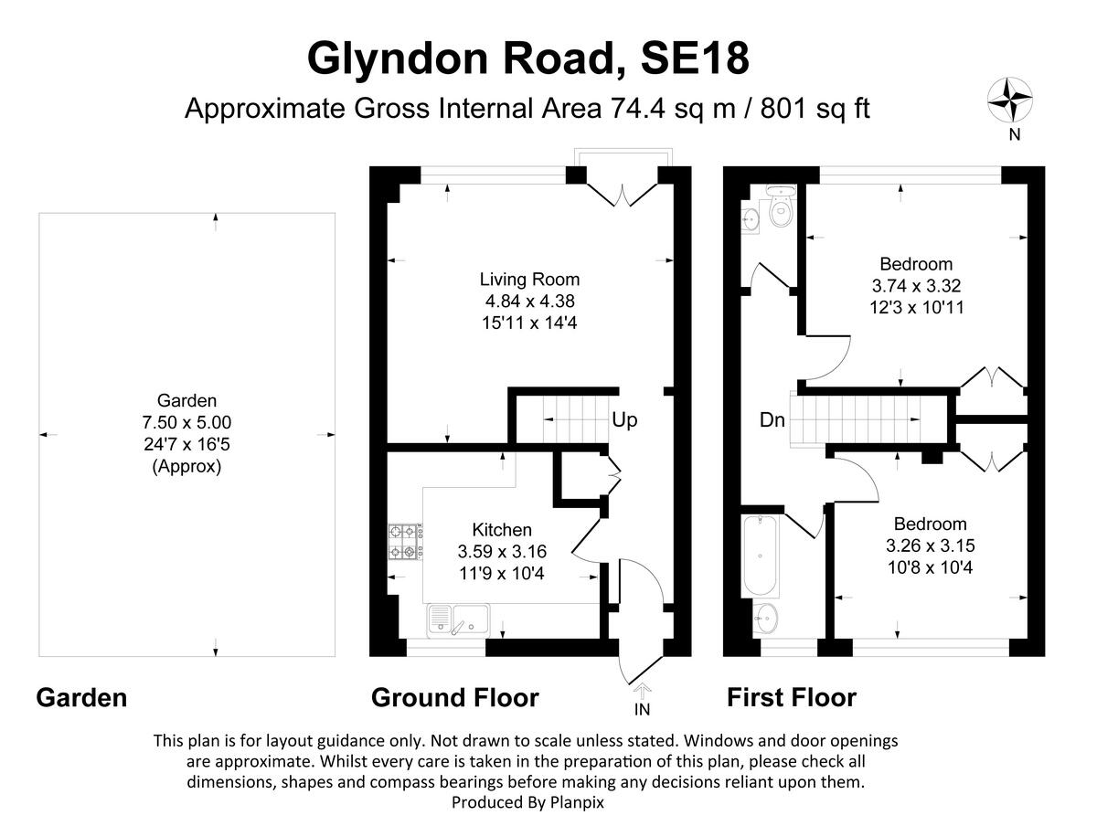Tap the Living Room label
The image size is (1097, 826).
coord(530,280)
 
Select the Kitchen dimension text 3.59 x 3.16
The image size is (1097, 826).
coord(502,551)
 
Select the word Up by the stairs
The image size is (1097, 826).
coord(624,421)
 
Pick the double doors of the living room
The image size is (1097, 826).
coord(622,192)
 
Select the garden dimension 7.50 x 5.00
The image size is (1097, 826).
coord(187,422)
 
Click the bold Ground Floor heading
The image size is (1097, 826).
coord(454,698)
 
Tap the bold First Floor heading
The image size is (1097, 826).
coord(791,698)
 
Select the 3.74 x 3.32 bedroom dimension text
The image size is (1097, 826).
coord(916,286)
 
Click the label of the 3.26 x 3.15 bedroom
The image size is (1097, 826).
coord(930,524)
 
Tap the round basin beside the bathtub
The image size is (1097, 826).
coord(766,619)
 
